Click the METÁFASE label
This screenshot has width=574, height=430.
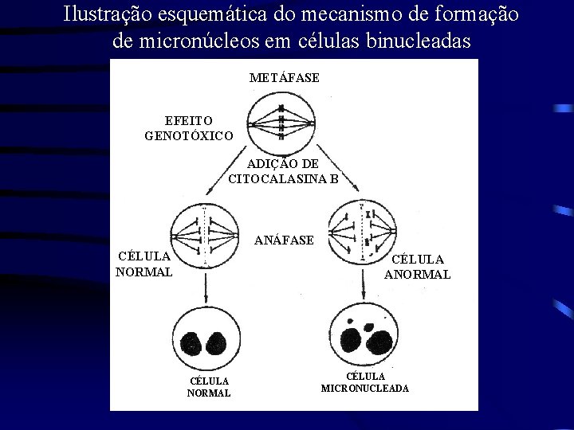click(x=284, y=78)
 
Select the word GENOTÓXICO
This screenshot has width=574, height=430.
click(x=189, y=136)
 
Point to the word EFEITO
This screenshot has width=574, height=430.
click(x=188, y=121)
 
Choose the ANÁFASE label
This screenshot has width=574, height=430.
click(x=284, y=240)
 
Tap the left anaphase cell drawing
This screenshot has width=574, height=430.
click(x=206, y=234)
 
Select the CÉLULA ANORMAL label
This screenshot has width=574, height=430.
click(x=417, y=267)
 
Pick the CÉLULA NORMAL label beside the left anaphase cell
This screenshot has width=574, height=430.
click(x=143, y=264)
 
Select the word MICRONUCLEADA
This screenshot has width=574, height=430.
click(x=365, y=389)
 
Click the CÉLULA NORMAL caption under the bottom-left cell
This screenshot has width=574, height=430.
click(x=209, y=387)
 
